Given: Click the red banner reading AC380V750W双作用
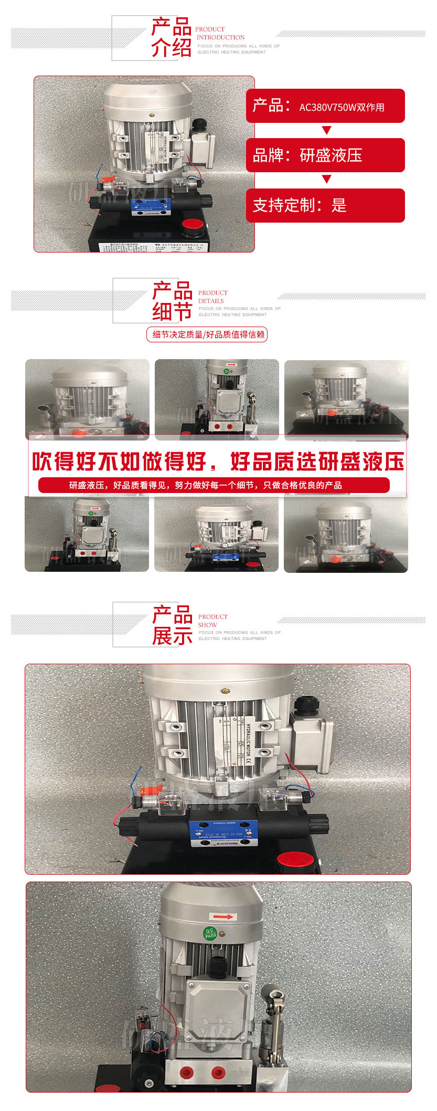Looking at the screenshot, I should point(325,106).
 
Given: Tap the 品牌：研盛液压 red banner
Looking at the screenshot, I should point(325,155).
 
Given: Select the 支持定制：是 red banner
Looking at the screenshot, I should point(325,205).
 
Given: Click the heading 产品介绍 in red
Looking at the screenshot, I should point(171,37).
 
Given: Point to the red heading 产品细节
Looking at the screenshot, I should point(172,301).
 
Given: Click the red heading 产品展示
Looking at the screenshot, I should point(172,625).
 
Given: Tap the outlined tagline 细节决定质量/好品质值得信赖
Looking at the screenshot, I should point(207,334).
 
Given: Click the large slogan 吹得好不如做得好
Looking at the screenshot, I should point(123,462).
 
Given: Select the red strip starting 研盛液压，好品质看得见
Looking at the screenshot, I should point(214,485).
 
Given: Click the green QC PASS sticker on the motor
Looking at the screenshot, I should point(210,933).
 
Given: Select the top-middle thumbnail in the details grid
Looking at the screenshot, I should point(217,399).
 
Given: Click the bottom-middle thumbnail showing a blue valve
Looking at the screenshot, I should point(217,534).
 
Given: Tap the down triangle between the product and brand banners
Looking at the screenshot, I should point(326,130).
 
